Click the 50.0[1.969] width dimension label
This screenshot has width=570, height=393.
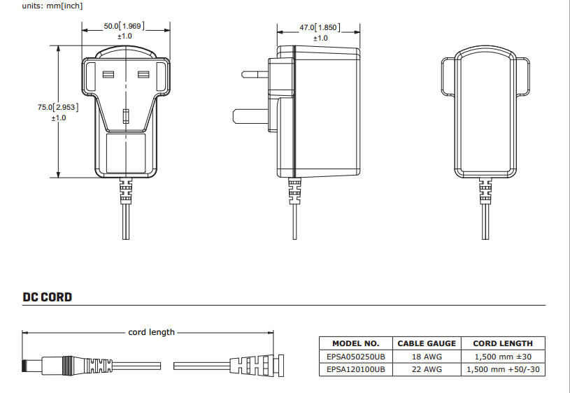click(124, 26)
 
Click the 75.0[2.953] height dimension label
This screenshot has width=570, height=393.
click(58, 107)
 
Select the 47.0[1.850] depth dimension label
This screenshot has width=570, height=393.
click(320, 27)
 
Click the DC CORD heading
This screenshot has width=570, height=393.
click(47, 297)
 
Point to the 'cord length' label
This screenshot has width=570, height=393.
click(151, 332)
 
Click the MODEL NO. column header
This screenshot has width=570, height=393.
click(356, 343)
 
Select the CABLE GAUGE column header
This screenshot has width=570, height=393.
click(426, 343)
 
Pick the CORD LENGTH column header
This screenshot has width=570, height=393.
click(503, 343)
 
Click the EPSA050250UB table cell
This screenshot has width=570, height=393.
click(356, 356)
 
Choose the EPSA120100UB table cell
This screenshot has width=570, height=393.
click(356, 369)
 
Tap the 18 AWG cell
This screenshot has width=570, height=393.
click(426, 356)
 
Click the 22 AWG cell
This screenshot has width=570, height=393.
click(426, 369)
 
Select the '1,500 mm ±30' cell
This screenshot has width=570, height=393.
click(503, 356)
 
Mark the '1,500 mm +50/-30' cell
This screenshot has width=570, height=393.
click(503, 369)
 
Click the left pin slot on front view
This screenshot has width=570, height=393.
click(108, 74)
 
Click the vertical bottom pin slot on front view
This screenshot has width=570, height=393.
click(126, 115)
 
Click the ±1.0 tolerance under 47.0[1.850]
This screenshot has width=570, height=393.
click(320, 38)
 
